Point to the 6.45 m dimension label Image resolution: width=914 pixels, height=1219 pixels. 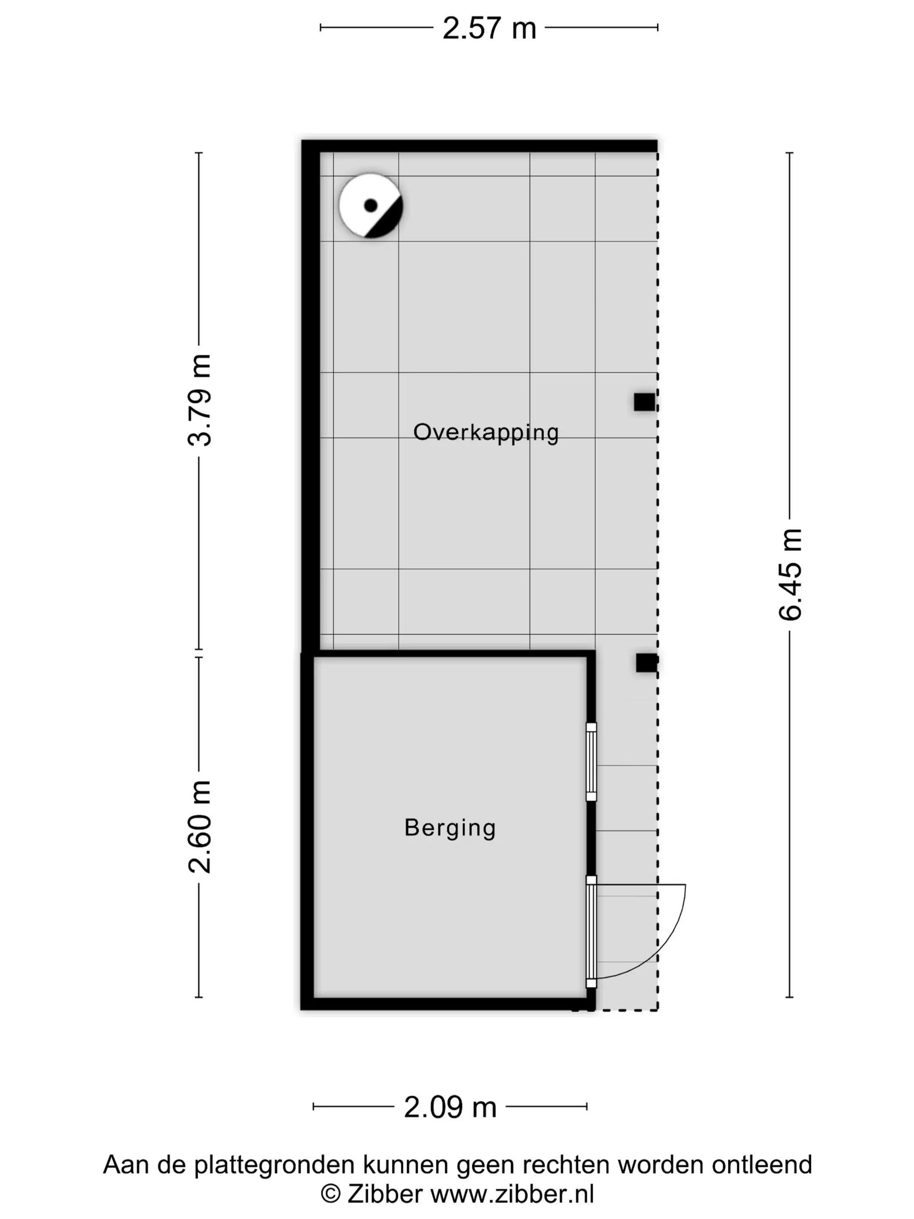point(790,574)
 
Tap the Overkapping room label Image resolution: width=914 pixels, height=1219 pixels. point(486,433)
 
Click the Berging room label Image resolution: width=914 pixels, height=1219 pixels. point(450,828)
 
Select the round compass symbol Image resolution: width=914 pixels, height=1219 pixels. point(371,205)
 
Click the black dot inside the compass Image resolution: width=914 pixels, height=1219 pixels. point(371,205)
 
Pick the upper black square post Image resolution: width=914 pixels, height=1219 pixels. point(645,402)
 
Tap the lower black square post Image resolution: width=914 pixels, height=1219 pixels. point(646,663)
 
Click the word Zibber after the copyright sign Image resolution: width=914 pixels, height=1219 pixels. point(385,1194)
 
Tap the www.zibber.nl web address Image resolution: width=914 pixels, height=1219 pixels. point(512,1194)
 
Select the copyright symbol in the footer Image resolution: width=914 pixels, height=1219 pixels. point(330,1194)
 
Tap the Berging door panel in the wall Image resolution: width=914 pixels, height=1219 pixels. point(591,933)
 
